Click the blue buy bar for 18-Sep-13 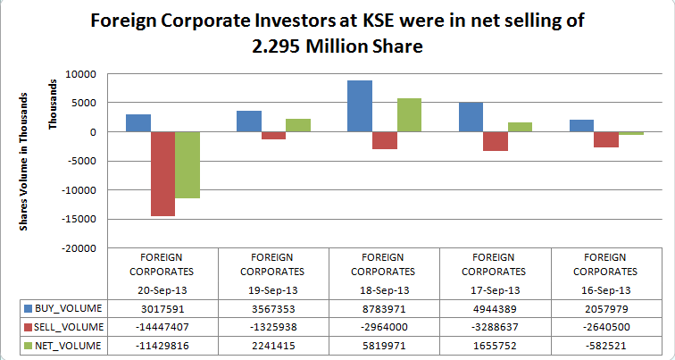point(360,106)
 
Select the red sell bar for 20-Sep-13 point(162,173)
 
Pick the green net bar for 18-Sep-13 point(409,115)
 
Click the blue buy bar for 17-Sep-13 point(471,117)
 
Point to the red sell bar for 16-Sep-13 point(606,139)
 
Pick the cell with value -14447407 point(162,326)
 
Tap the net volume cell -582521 point(607,344)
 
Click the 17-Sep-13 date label point(496,290)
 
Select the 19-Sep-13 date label point(273,290)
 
